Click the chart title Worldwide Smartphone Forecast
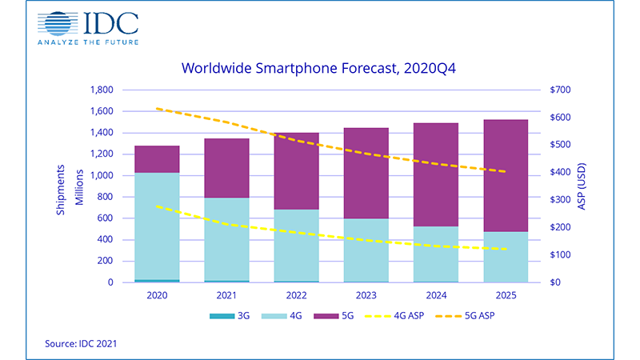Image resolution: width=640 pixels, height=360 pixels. tap(318, 69)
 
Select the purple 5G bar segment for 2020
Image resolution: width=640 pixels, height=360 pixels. tap(157, 159)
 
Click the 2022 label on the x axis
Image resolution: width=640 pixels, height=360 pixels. tap(296, 294)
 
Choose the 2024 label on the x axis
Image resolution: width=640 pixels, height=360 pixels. tap(436, 294)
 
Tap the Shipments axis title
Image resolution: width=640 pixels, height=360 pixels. tap(63, 186)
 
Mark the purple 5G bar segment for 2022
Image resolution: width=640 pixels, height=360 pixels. tap(296, 171)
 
